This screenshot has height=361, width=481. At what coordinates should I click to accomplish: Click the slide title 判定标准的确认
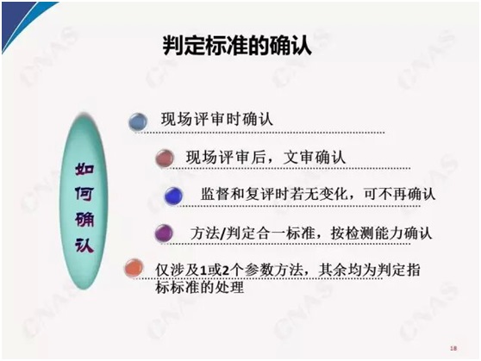pos(237,46)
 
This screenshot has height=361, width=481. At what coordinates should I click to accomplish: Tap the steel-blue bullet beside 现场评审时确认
pos(138,121)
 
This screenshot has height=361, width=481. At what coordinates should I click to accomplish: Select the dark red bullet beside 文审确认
pos(165,158)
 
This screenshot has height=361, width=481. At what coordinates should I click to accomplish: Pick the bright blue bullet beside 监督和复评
pos(173,196)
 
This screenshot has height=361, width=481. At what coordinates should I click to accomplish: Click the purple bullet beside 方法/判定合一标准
pos(164,233)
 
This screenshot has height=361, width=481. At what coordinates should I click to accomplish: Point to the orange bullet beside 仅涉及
pos(134,268)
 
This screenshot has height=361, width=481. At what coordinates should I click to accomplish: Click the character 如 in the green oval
pos(84,169)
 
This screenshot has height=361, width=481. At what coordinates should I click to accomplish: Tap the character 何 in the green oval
pos(84,194)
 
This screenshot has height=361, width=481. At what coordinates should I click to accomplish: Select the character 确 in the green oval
pos(84,220)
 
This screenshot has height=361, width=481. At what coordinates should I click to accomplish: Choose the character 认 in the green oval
pos(84,245)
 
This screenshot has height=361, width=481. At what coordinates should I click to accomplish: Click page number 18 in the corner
pos(453,348)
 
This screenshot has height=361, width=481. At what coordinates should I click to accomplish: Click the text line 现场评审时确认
pos(217,119)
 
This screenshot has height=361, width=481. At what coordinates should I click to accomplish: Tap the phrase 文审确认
pos(315,158)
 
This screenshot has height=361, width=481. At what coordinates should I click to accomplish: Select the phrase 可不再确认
pos(399,194)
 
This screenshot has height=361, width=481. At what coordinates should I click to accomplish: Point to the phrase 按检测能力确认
pos(381,233)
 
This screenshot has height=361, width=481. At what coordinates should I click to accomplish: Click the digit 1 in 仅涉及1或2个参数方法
pos(203,271)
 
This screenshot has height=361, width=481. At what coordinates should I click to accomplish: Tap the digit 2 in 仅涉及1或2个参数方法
pos(226,271)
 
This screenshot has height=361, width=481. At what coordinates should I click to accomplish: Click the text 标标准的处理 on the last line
pos(200,288)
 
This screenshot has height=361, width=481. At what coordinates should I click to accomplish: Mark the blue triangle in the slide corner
pos(18,18)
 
